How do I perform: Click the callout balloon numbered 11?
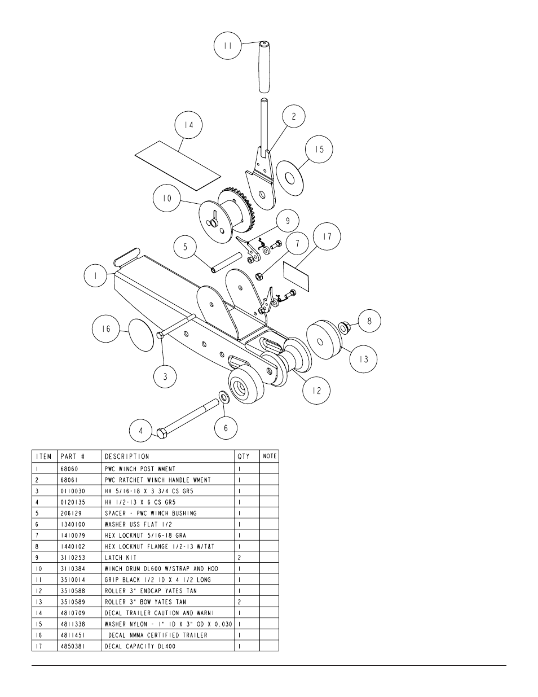(x=227, y=46)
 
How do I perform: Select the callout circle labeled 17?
(x=327, y=237)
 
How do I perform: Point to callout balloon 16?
(x=107, y=329)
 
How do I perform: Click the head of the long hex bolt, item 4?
(x=161, y=434)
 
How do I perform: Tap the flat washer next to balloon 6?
(x=223, y=397)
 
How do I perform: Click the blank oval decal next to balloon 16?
(x=142, y=334)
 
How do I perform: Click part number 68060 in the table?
(x=69, y=469)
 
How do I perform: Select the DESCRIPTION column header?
(x=127, y=457)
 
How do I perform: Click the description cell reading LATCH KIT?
(x=121, y=558)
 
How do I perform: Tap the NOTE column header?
(x=270, y=457)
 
